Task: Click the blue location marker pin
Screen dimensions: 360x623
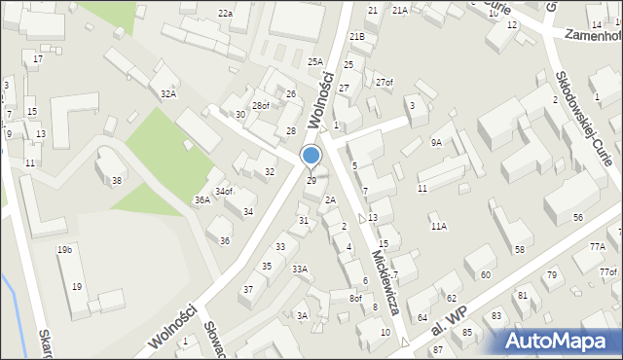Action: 311,156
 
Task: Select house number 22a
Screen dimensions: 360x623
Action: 225,14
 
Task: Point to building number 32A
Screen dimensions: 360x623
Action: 168,94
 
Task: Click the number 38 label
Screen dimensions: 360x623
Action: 117,181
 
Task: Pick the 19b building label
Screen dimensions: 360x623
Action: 64,250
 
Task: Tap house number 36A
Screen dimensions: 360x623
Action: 202,199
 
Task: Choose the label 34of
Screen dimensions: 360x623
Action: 224,192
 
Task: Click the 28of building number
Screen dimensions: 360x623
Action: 261,106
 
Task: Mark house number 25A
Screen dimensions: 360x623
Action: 315,61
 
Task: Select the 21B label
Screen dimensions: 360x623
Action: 357,37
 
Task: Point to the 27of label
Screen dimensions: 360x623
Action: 385,82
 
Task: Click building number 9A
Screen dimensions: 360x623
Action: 436,143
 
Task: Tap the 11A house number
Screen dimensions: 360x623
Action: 439,227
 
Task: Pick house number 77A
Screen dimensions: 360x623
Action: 597,247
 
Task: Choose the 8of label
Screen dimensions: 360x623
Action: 355,299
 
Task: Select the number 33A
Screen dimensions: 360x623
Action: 299,270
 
